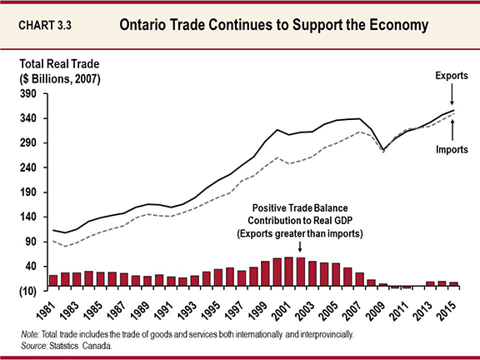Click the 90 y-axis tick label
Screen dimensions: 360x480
(31, 242)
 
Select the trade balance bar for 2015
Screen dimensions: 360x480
(453, 284)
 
